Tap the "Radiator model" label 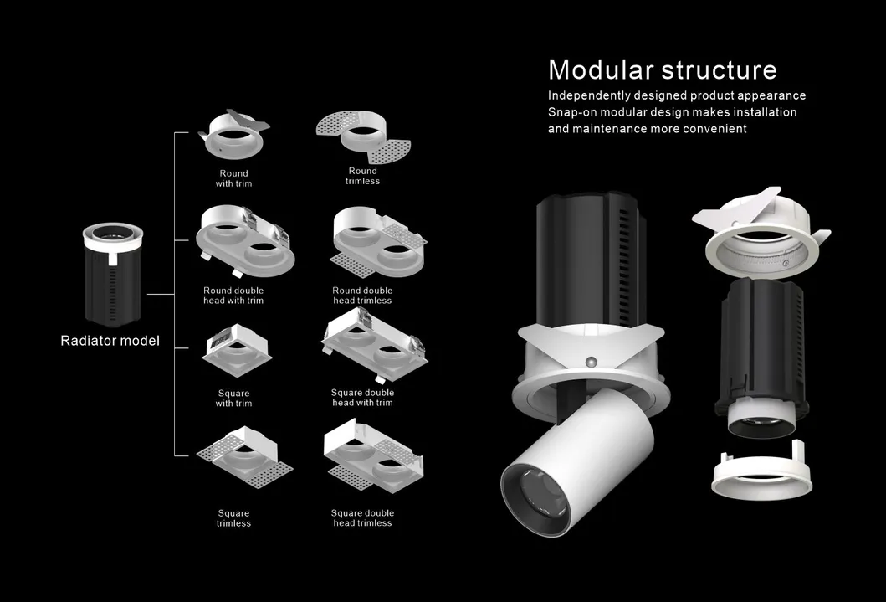point(110,341)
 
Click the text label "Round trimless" point(362,176)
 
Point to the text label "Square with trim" point(233,399)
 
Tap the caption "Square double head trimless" point(362,518)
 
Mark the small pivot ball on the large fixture point(591,362)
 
